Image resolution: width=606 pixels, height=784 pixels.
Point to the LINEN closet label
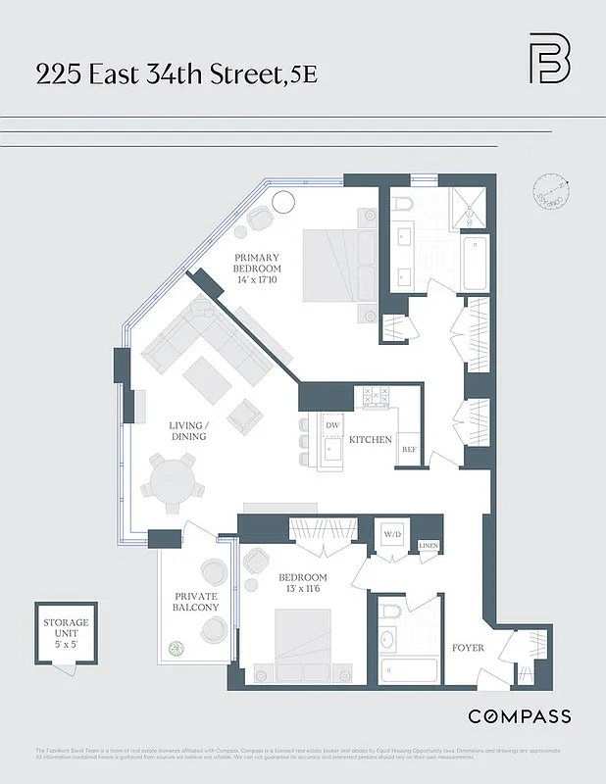[x=429, y=546]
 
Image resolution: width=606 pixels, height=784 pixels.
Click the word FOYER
[x=469, y=648]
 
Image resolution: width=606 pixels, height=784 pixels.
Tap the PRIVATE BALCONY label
[x=196, y=602]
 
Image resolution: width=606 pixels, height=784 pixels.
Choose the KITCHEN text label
[x=371, y=440]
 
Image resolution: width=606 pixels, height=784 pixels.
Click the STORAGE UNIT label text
[x=66, y=628]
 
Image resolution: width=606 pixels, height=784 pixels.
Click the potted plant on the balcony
[x=177, y=649]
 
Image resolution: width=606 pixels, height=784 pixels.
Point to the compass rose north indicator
[x=550, y=191]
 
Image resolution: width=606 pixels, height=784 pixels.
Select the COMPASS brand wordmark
[x=519, y=716]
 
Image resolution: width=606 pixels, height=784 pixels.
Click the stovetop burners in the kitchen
[x=377, y=397]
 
